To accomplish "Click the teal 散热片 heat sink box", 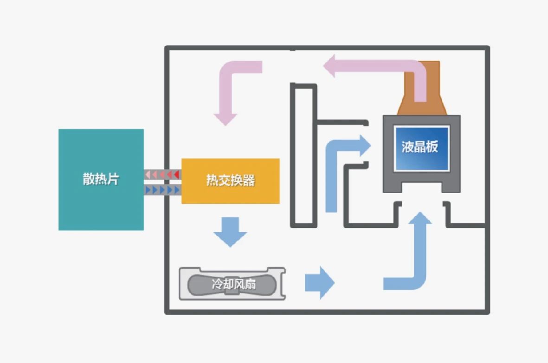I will (101, 204).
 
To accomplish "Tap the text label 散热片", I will (101, 179).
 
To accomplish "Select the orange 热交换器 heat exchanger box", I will (230, 195).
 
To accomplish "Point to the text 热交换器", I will (230, 181).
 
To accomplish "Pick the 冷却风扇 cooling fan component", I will (232, 284).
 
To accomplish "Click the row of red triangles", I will (162, 175).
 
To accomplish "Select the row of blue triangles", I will (162, 189).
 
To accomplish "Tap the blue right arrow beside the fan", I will (319, 282).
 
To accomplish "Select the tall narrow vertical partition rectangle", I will (303, 156).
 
